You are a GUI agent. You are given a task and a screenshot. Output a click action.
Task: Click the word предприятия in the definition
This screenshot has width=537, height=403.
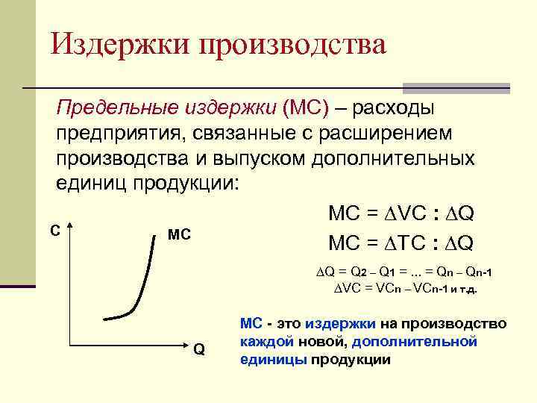(x=119, y=134)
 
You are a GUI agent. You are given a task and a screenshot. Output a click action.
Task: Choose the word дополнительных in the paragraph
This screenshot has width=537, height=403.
(x=403, y=159)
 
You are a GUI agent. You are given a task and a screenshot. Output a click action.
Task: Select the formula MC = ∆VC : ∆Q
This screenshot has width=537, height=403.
(x=401, y=215)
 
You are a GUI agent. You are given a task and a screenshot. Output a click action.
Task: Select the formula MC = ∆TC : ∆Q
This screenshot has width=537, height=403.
(x=401, y=243)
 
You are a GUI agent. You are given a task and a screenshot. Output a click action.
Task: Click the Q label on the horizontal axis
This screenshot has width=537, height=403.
(x=199, y=351)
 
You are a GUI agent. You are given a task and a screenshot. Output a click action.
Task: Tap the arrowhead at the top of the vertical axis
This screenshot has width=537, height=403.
(x=69, y=228)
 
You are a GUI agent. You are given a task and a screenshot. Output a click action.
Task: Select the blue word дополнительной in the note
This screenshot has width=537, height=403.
(x=414, y=341)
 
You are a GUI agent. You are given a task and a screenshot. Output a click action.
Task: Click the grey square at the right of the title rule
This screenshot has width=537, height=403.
(x=456, y=87)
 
